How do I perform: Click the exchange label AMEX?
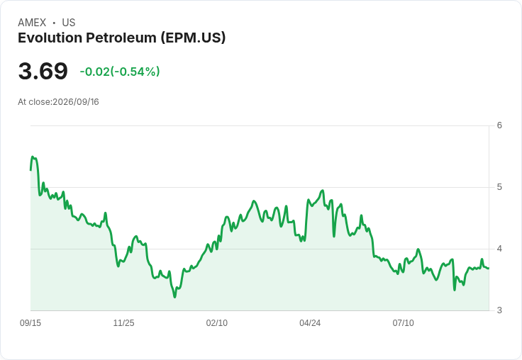coord(32,23)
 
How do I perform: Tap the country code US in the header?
coord(69,23)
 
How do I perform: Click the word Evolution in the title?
coord(50,38)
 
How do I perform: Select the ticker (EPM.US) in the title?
coord(193,38)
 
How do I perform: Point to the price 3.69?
coord(43,71)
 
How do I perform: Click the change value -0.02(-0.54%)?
coord(120,72)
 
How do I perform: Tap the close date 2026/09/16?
coord(76,102)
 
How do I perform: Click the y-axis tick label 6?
coord(499,125)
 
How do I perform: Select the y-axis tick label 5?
coord(499,187)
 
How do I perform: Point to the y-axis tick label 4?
coord(499,249)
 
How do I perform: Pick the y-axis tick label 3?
coord(499,310)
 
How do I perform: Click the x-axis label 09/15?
coord(30,322)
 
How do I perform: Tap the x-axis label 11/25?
coord(123,322)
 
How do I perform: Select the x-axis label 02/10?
coord(217,322)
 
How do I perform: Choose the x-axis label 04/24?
coord(310,322)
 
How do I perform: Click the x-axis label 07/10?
coord(403,322)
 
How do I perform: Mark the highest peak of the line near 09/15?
coord(33,157)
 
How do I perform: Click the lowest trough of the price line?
coord(174,297)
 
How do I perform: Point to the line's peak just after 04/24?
coord(322,191)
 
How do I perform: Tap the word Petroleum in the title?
coord(121,38)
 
